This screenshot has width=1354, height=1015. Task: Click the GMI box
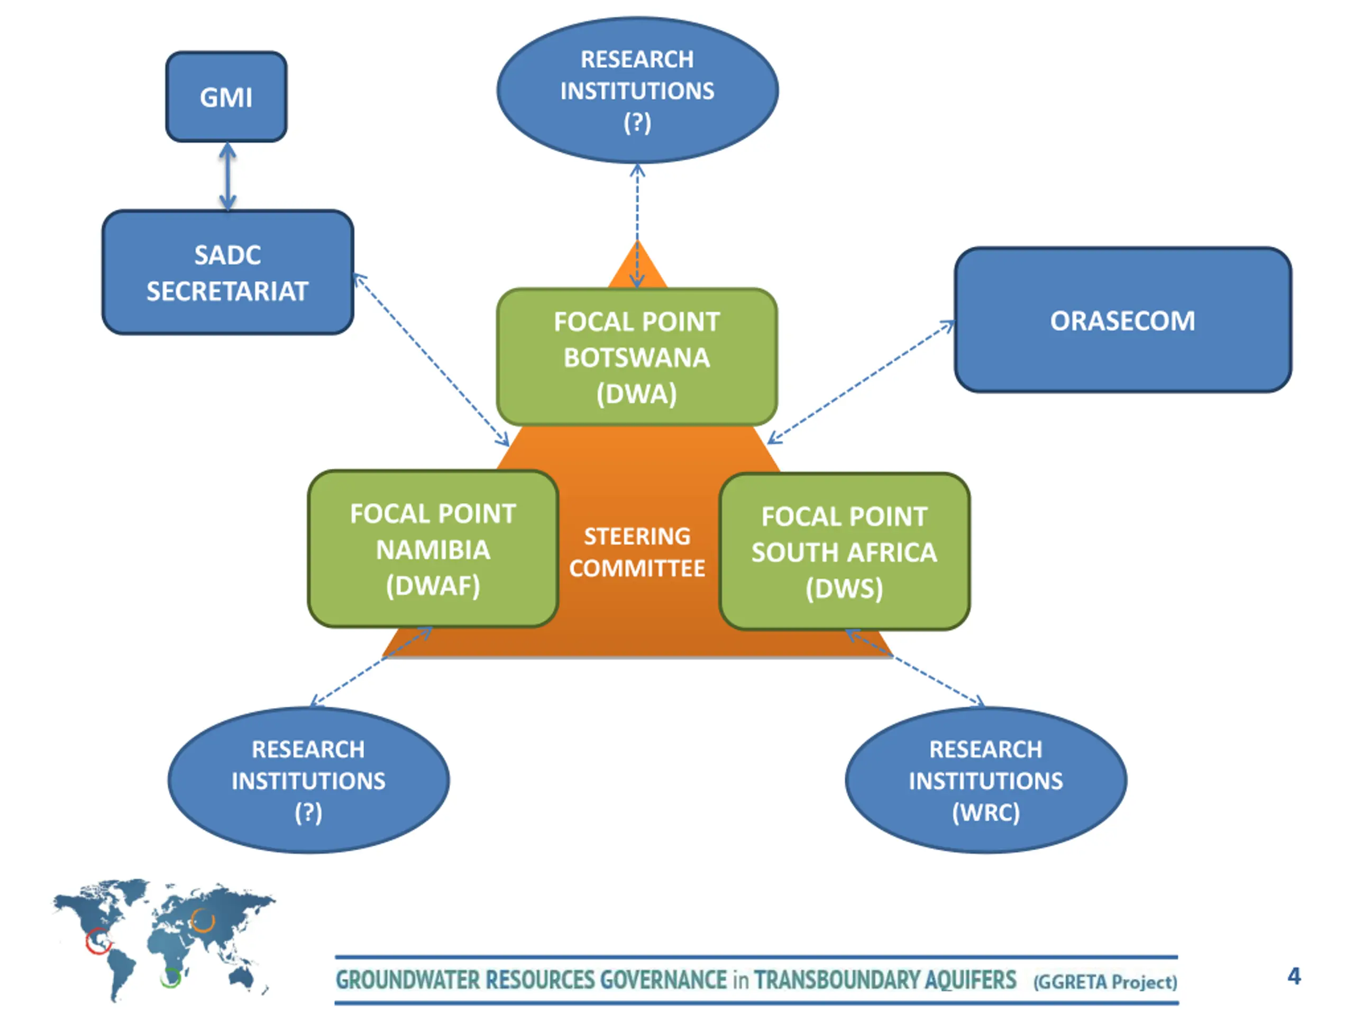coord(226,97)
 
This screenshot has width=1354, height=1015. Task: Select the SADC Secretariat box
coord(228,272)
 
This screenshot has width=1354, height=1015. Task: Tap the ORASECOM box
coord(1123,320)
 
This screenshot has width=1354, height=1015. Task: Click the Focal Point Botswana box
coord(637,357)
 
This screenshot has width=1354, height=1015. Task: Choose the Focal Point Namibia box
coord(433,549)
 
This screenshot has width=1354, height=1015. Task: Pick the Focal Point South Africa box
coord(844,551)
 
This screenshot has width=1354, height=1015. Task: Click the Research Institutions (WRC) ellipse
coord(985,780)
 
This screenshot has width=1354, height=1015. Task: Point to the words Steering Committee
coord(637,552)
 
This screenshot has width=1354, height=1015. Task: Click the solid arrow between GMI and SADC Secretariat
coord(228,176)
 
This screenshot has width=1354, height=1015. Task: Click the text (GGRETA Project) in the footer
coord(1105,981)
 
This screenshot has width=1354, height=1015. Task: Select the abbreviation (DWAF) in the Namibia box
coord(433,586)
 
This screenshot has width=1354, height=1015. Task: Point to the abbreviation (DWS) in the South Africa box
coord(844,588)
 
